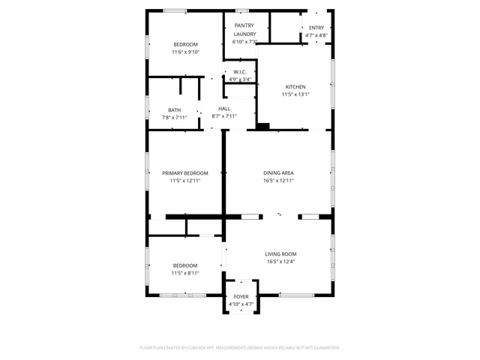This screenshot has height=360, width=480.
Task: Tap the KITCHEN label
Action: click(x=295, y=87)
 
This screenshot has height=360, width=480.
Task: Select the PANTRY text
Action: click(x=244, y=25)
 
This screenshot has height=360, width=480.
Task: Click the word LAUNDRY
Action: click(x=244, y=34)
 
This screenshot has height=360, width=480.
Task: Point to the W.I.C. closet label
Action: click(x=240, y=72)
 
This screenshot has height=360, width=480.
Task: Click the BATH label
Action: click(x=174, y=110)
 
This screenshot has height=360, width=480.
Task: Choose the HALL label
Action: click(x=224, y=109)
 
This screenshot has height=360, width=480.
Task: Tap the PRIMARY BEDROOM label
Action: click(x=185, y=173)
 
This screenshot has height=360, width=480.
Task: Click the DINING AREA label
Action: click(x=278, y=173)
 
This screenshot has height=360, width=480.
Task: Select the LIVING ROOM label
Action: click(x=281, y=254)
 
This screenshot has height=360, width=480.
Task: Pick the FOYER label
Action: click(x=241, y=297)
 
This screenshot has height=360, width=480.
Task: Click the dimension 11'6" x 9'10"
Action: click(x=185, y=52)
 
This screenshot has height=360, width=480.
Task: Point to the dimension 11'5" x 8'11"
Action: click(x=185, y=273)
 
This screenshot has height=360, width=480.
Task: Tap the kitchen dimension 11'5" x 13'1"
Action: click(x=295, y=94)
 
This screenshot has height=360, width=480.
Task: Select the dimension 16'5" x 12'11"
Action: click(x=278, y=181)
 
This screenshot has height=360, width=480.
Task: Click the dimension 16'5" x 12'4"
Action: click(x=281, y=262)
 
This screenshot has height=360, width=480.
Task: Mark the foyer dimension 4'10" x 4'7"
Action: click(x=241, y=304)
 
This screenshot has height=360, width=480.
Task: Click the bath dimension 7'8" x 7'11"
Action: click(x=174, y=118)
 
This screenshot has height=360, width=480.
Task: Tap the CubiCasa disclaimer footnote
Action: click(x=240, y=348)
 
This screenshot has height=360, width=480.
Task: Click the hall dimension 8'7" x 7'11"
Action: click(x=224, y=116)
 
